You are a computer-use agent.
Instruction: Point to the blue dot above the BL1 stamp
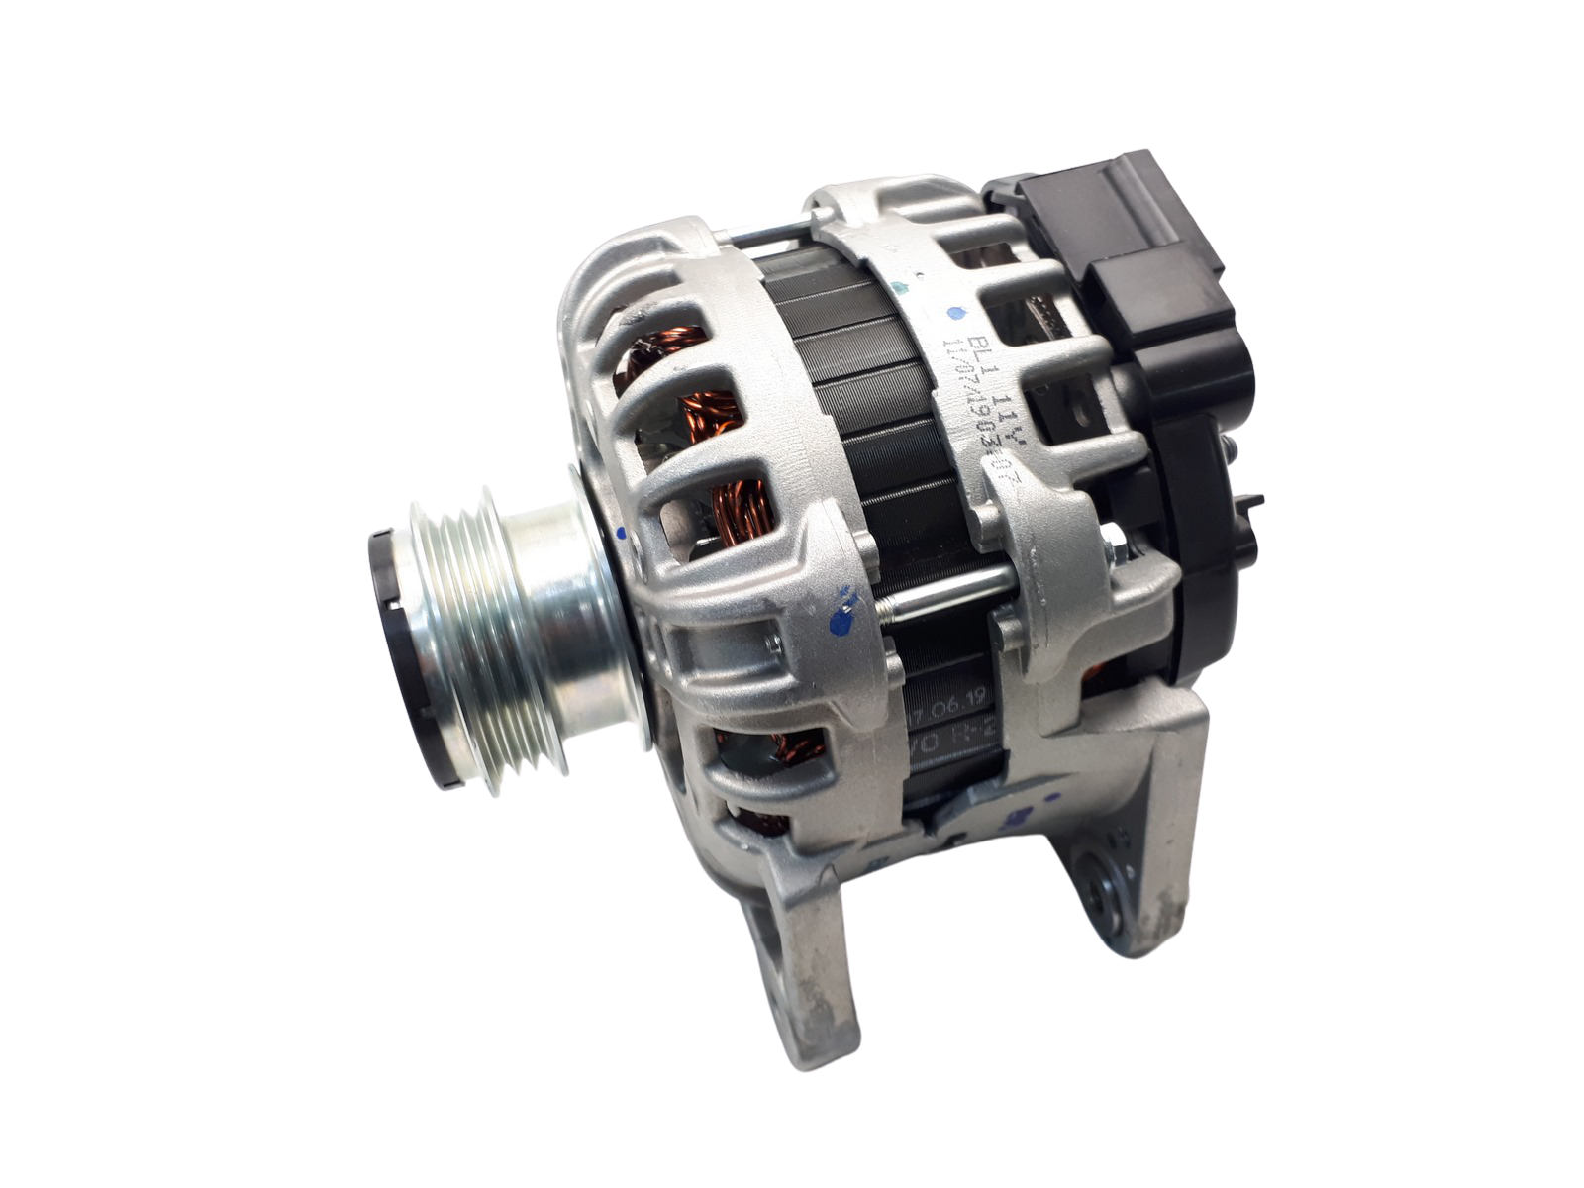[954, 315]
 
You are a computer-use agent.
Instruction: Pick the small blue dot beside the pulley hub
[621, 534]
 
